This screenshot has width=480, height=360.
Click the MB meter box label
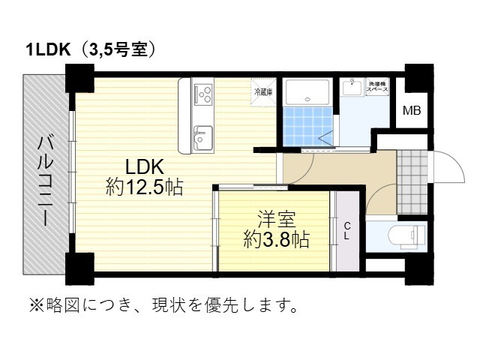tap(412, 112)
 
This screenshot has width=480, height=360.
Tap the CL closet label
tap(347, 230)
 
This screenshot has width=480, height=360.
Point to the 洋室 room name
tap(276, 220)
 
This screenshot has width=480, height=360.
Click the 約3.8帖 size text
tap(276, 239)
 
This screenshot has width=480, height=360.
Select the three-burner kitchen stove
tap(203, 94)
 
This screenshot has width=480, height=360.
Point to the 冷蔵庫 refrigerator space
tap(264, 92)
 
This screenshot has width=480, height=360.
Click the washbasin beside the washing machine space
tap(350, 88)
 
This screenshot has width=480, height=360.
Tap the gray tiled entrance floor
tap(411, 182)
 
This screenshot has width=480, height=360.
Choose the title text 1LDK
tap(47, 51)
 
